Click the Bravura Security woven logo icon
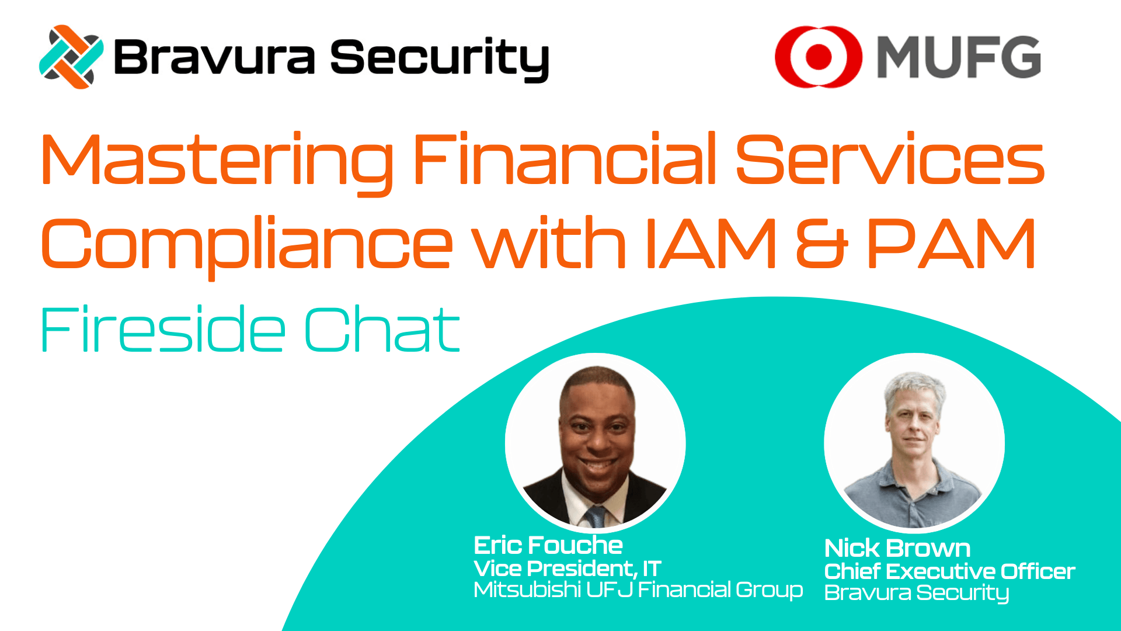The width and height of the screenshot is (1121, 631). pyautogui.click(x=71, y=57)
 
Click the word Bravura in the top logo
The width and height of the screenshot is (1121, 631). pyautogui.click(x=214, y=57)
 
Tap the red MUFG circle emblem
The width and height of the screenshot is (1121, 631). pyautogui.click(x=819, y=57)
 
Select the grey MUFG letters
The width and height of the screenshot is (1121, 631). pyautogui.click(x=959, y=57)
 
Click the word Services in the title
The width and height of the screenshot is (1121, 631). pyautogui.click(x=890, y=159)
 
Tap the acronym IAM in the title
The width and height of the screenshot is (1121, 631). pyautogui.click(x=711, y=242)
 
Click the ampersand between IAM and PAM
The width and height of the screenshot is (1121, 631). pyautogui.click(x=821, y=243)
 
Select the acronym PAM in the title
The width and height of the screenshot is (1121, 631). pyautogui.click(x=952, y=242)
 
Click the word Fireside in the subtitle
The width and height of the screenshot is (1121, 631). pyautogui.click(x=163, y=329)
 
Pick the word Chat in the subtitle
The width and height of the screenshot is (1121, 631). pyautogui.click(x=382, y=329)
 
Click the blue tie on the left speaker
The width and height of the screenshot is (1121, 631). pyautogui.click(x=596, y=516)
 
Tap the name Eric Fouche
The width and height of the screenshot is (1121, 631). pyautogui.click(x=548, y=546)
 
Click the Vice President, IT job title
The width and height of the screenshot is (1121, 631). pyautogui.click(x=568, y=568)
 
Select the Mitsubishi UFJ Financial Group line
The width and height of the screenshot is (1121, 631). pyautogui.click(x=638, y=590)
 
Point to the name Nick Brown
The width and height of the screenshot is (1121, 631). pyautogui.click(x=897, y=549)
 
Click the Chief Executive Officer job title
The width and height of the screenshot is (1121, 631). pyautogui.click(x=949, y=571)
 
